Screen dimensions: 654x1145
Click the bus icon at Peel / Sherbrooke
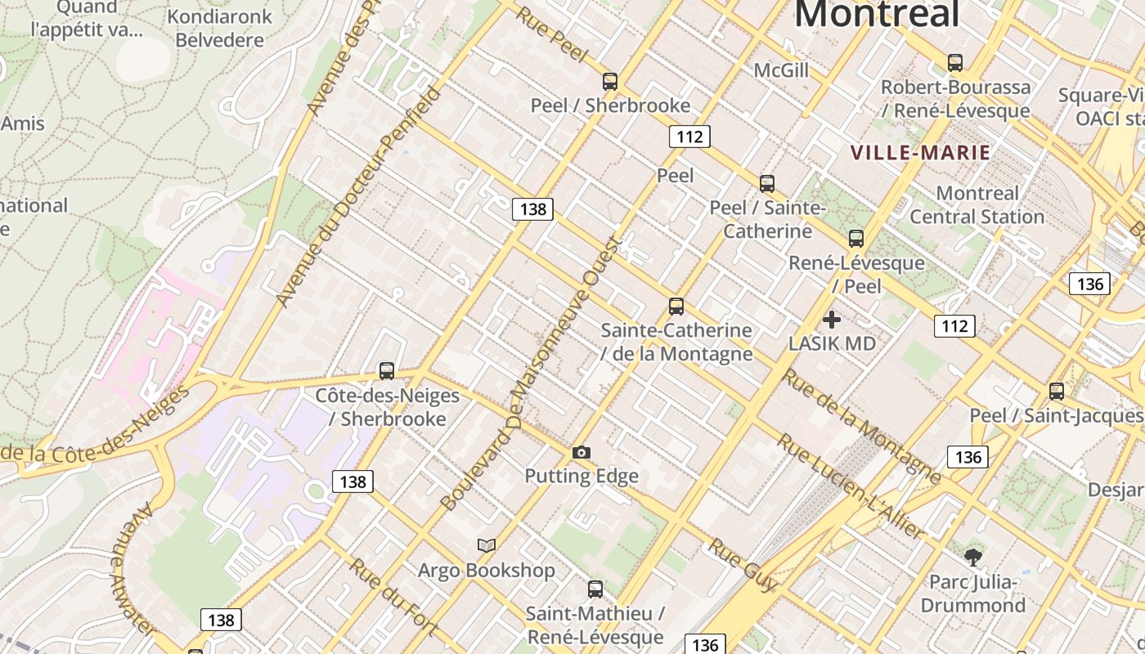coord(610,82)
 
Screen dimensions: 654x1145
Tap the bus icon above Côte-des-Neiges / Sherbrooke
coord(387,371)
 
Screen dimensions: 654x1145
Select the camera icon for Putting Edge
coord(581,452)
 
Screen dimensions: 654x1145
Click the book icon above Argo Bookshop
coord(487,545)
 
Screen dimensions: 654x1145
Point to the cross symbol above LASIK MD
coord(832,320)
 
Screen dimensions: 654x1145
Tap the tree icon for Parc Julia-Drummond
coord(972,558)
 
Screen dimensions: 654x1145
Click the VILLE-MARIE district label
coord(920,153)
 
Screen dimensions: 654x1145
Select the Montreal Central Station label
coord(977,205)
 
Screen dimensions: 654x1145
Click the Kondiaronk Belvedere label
coord(219,28)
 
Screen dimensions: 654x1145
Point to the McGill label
coord(781,70)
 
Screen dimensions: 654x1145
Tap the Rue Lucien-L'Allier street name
coord(851,487)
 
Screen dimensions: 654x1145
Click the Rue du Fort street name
coord(393,598)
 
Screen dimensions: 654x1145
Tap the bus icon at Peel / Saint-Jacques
coord(1057,392)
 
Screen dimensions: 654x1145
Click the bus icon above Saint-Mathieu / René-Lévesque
coord(595,589)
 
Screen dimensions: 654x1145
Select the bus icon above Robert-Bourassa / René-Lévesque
coord(954,63)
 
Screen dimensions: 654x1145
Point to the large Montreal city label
coord(876,14)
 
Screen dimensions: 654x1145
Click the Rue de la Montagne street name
coord(862,426)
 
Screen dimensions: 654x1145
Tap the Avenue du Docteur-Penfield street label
coord(359,196)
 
